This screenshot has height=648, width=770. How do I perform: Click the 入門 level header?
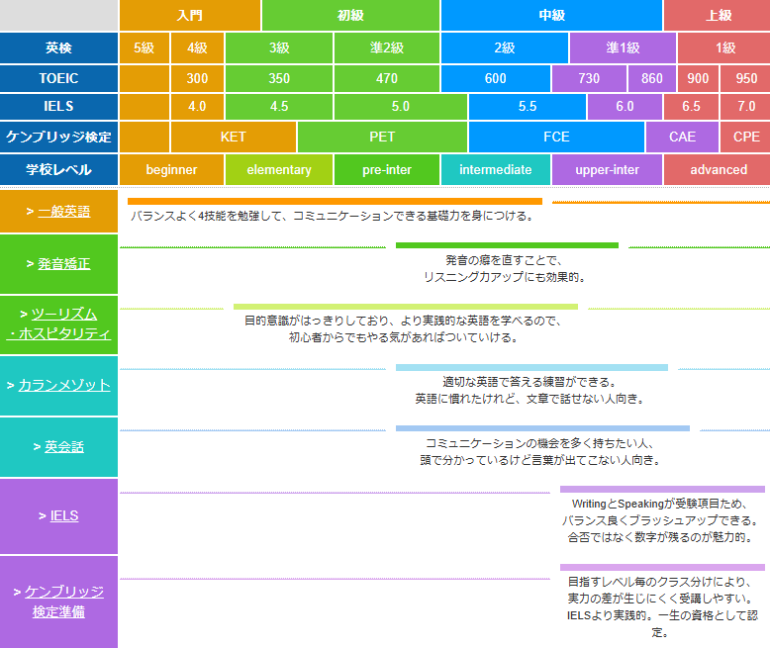click(190, 15)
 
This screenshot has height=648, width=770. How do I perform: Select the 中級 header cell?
click(551, 15)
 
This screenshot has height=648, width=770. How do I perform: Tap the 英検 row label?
click(58, 47)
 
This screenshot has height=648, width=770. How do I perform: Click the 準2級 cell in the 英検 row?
click(386, 47)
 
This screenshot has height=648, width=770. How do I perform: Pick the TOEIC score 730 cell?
click(589, 78)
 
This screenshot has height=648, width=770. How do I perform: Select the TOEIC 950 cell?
click(746, 78)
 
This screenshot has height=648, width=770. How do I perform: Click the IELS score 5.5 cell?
click(528, 107)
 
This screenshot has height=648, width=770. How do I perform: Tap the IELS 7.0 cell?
click(746, 107)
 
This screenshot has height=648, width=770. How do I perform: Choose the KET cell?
click(234, 137)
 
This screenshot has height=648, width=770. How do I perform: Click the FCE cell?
click(556, 137)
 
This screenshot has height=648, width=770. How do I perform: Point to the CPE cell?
click(746, 137)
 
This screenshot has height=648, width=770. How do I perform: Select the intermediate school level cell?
click(496, 170)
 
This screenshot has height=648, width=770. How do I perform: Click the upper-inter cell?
click(607, 170)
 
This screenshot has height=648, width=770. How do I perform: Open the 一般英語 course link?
click(64, 212)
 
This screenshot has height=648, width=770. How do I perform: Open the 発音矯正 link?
click(64, 264)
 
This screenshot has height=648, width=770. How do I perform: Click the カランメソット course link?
click(64, 386)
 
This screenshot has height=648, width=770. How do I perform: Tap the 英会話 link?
click(64, 447)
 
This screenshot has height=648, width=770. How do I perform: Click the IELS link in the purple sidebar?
click(64, 516)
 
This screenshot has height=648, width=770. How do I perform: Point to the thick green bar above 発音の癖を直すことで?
click(507, 245)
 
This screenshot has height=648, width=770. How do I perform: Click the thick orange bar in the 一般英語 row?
click(335, 201)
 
